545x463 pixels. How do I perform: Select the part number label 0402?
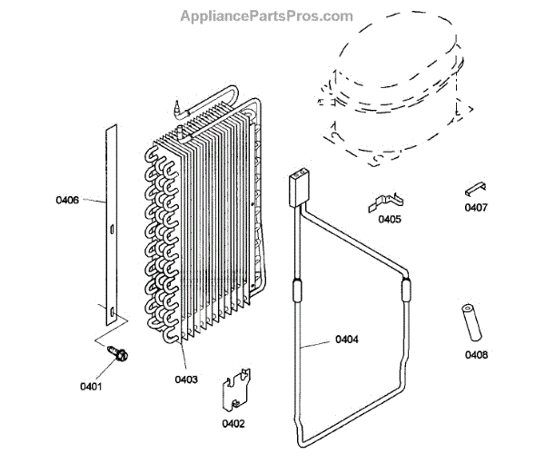point(234,423)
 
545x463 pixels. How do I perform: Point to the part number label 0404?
point(347,340)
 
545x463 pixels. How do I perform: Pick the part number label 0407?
point(475,208)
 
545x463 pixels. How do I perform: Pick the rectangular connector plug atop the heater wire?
point(296,184)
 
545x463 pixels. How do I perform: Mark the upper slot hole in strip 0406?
point(109,229)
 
